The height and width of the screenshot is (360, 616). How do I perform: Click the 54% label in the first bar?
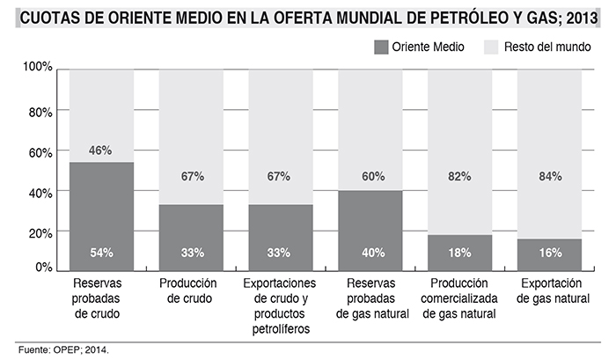[x=101, y=253]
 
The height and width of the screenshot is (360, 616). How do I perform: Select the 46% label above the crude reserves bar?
[x=101, y=151]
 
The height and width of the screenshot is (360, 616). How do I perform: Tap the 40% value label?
[x=370, y=253]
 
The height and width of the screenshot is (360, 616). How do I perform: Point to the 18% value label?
[x=460, y=253]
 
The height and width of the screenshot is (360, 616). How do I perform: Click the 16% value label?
[x=550, y=253]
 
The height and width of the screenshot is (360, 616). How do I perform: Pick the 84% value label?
[x=550, y=176]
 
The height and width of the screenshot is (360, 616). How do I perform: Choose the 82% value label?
[x=460, y=176]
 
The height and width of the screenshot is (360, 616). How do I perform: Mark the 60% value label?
[x=370, y=176]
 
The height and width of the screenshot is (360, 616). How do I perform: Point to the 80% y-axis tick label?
[x=40, y=112]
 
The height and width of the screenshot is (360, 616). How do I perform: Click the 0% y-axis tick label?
[x=44, y=268]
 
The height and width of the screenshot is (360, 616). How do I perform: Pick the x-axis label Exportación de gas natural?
[x=550, y=291]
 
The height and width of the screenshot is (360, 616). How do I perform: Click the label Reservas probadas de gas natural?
[x=370, y=298]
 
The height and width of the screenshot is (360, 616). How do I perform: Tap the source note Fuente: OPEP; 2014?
[x=63, y=349]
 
